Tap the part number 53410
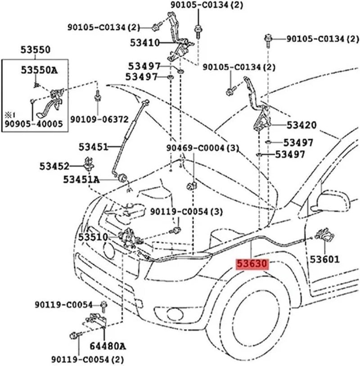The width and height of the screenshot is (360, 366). pos(145,43)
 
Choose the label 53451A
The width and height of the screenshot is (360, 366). pos(81,179)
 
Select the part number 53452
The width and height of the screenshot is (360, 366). pos(53,166)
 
